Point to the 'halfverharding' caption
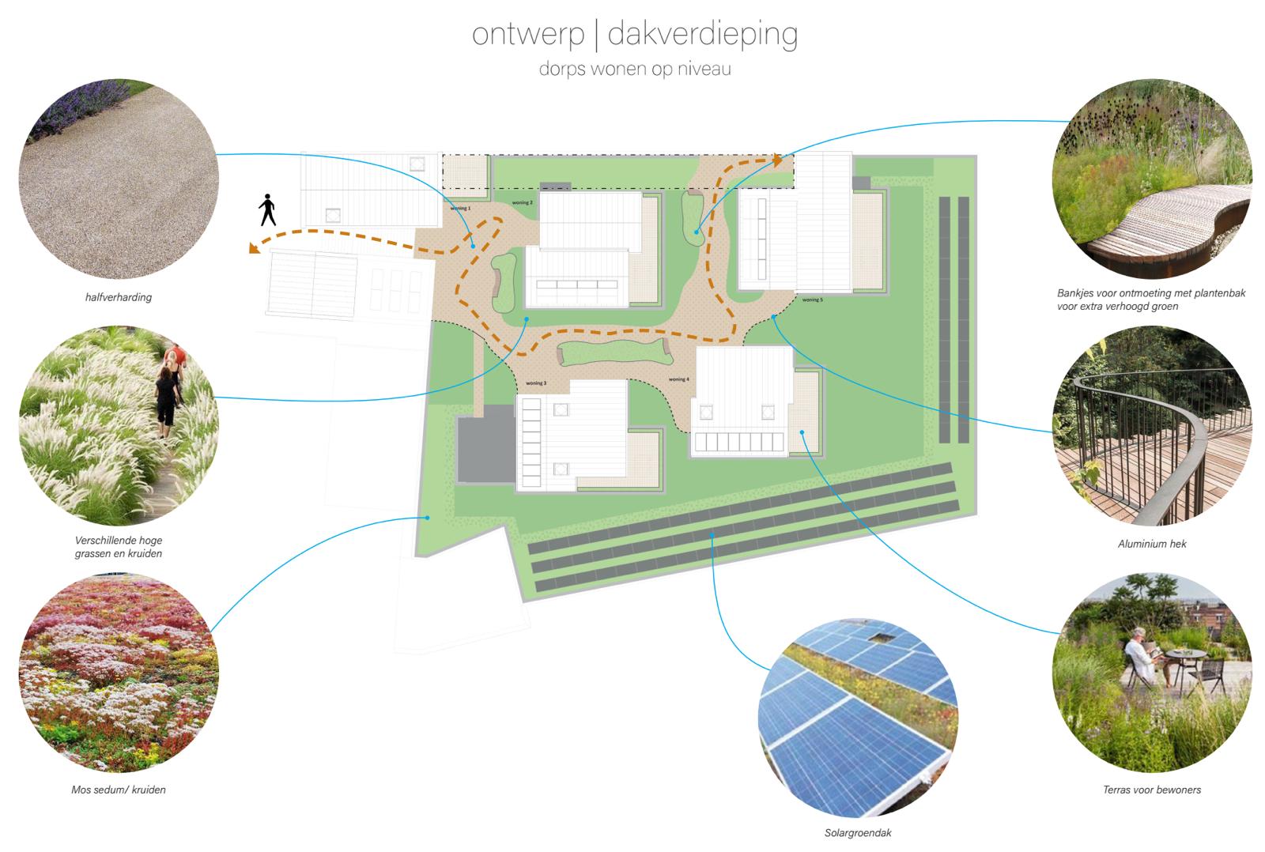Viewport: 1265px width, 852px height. pos(119,298)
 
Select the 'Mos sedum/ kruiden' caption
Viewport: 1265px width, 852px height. pos(119,790)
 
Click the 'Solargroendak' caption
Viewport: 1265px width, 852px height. pos(857,833)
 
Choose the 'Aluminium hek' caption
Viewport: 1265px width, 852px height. pos(1152,544)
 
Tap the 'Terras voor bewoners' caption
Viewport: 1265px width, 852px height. pos(1152,790)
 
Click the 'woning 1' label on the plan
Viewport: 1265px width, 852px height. pos(460,209)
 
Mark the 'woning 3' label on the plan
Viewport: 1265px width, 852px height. pos(535,383)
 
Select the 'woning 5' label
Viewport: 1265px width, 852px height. pos(812,300)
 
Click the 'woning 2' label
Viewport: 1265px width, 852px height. pos(522,203)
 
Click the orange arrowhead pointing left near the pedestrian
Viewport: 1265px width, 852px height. pos(255,249)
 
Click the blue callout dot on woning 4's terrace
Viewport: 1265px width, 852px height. pos(802,432)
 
